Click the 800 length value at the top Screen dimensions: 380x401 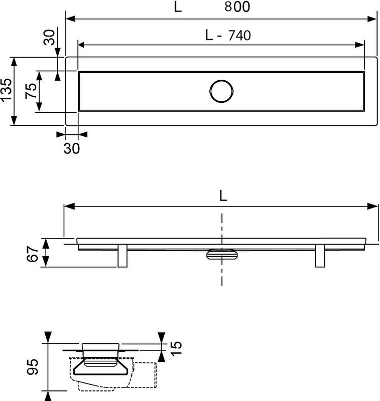tap(237, 7)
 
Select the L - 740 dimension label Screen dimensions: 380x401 tap(228, 35)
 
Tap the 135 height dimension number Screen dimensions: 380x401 tap(6, 90)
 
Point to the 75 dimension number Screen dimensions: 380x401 tap(31, 91)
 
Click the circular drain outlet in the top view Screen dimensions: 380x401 tap(221, 91)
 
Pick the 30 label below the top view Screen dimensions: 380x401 tap(72, 148)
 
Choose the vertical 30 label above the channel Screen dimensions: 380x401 tap(49, 37)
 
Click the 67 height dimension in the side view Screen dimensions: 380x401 tap(33, 254)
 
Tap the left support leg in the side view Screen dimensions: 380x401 tap(122, 256)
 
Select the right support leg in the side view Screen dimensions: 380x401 tap(320, 256)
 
